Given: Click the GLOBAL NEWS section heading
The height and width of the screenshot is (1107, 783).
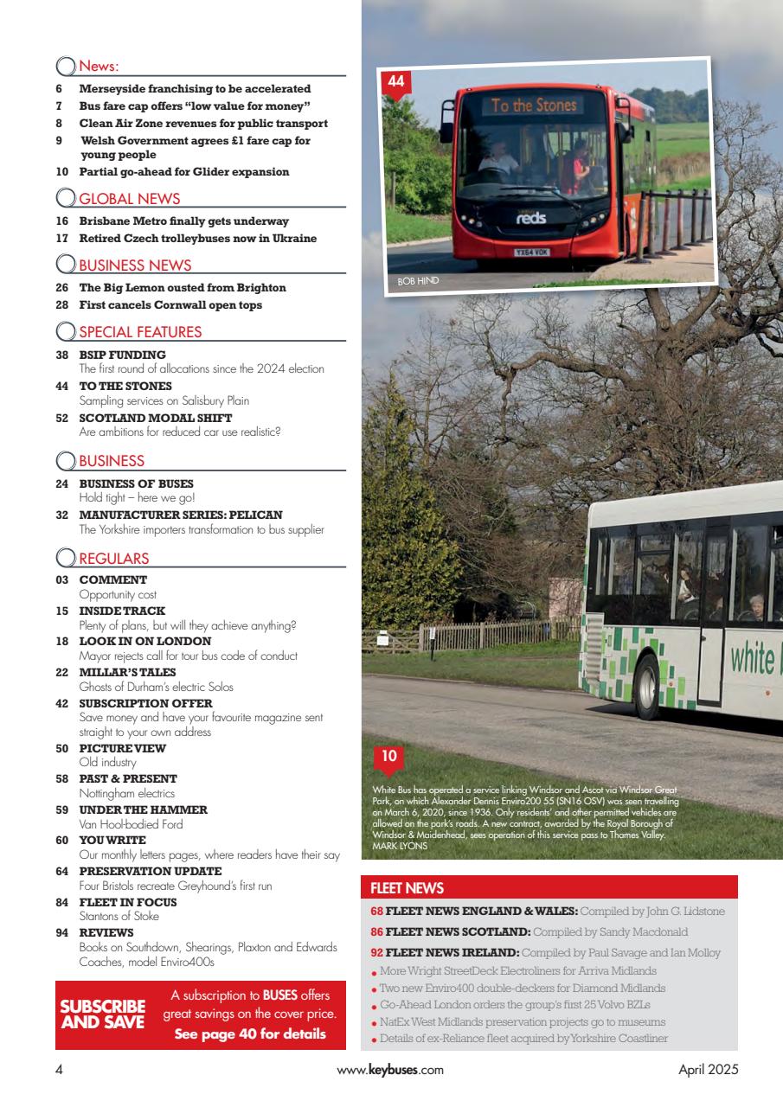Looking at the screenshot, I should (x=130, y=200).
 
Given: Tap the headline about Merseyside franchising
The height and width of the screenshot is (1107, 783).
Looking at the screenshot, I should (x=195, y=88).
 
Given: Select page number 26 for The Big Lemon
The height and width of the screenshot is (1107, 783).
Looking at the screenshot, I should (x=62, y=287).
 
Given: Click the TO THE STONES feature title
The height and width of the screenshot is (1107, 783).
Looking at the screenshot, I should (x=125, y=386).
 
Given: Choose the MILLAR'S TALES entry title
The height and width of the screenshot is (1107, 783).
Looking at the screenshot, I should (x=127, y=672).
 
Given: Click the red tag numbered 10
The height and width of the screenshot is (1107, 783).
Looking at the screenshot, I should (x=389, y=758).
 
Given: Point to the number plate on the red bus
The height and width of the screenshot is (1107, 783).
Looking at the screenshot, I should (x=531, y=253).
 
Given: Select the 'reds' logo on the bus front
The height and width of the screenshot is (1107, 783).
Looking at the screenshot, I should (x=530, y=220).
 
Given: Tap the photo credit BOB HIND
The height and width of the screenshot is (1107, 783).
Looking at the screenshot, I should (x=413, y=281).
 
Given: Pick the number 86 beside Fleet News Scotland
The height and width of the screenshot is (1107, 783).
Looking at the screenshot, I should (x=376, y=931).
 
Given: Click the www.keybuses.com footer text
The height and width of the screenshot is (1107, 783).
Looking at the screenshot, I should (x=390, y=1069).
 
